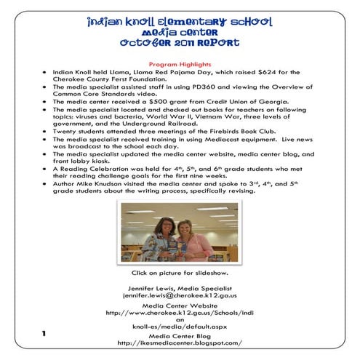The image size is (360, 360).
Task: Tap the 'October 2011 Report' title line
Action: pyautogui.click(x=180, y=44)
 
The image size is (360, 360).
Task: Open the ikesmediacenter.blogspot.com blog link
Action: pyautogui.click(x=179, y=343)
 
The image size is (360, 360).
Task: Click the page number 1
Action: pyautogui.click(x=44, y=334)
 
